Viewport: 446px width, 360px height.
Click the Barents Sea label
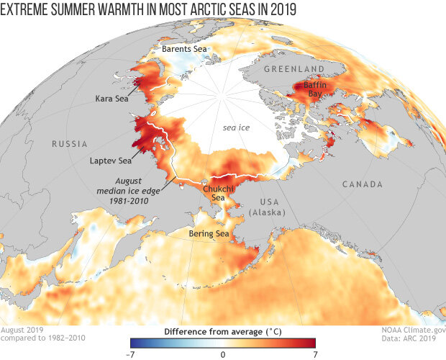pyautogui.click(x=184, y=49)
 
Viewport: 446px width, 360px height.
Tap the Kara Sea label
pyautogui.click(x=112, y=98)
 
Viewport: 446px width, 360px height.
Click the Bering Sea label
pyautogui.click(x=209, y=234)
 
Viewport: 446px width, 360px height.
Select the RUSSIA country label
pyautogui.click(x=70, y=144)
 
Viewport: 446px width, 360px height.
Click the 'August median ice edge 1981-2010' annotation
pyautogui.click(x=136, y=189)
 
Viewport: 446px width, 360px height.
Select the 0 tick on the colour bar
pyautogui.click(x=223, y=355)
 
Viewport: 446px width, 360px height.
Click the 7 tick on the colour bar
pyautogui.click(x=315, y=355)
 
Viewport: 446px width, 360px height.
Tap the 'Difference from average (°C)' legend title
pyautogui.click(x=223, y=330)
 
